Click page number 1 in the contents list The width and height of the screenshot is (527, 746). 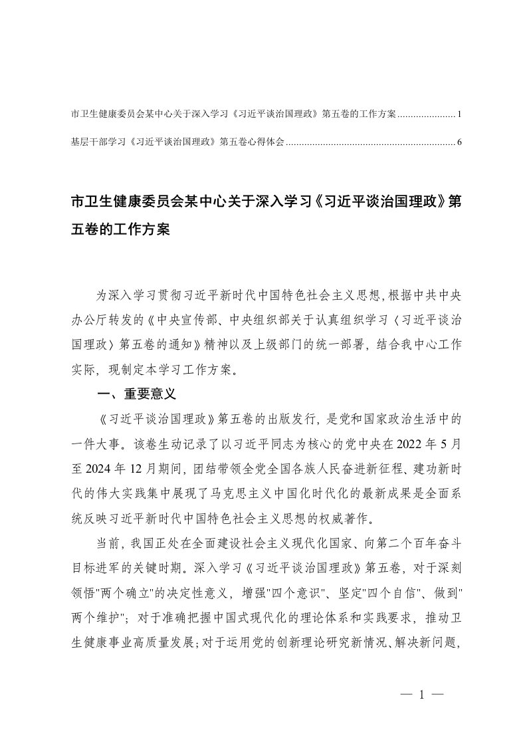(x=459, y=114)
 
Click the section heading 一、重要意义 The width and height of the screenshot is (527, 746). (x=136, y=394)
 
